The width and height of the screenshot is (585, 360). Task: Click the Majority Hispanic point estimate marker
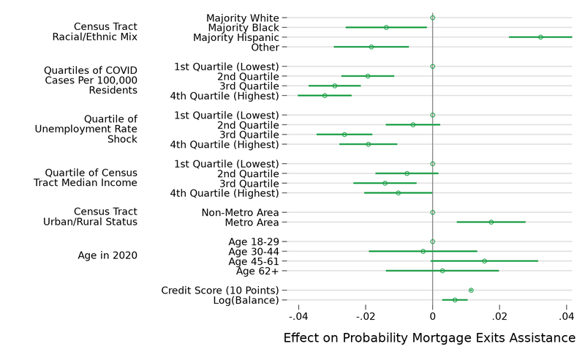pos(540,37)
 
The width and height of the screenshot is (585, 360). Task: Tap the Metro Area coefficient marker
pos(491,222)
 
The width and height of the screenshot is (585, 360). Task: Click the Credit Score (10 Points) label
pos(220,290)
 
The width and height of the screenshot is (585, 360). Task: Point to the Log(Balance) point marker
pos(455,300)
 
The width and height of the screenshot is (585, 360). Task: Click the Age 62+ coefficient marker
pos(442,271)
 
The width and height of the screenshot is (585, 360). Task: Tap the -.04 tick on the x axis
pos(298,317)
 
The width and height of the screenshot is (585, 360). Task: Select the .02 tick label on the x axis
pos(499,317)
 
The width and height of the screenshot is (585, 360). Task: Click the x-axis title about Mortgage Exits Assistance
pos(429,338)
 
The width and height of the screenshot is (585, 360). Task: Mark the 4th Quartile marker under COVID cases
pos(325,95)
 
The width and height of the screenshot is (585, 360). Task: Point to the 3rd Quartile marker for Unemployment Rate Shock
pos(344,135)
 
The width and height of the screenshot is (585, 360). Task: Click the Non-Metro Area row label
pos(240,212)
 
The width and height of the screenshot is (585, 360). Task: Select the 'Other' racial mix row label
pos(264,47)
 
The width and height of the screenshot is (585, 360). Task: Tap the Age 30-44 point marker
pos(423,251)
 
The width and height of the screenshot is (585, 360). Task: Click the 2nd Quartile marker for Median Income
pos(407,173)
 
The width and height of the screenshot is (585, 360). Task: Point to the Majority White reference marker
pos(432,18)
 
